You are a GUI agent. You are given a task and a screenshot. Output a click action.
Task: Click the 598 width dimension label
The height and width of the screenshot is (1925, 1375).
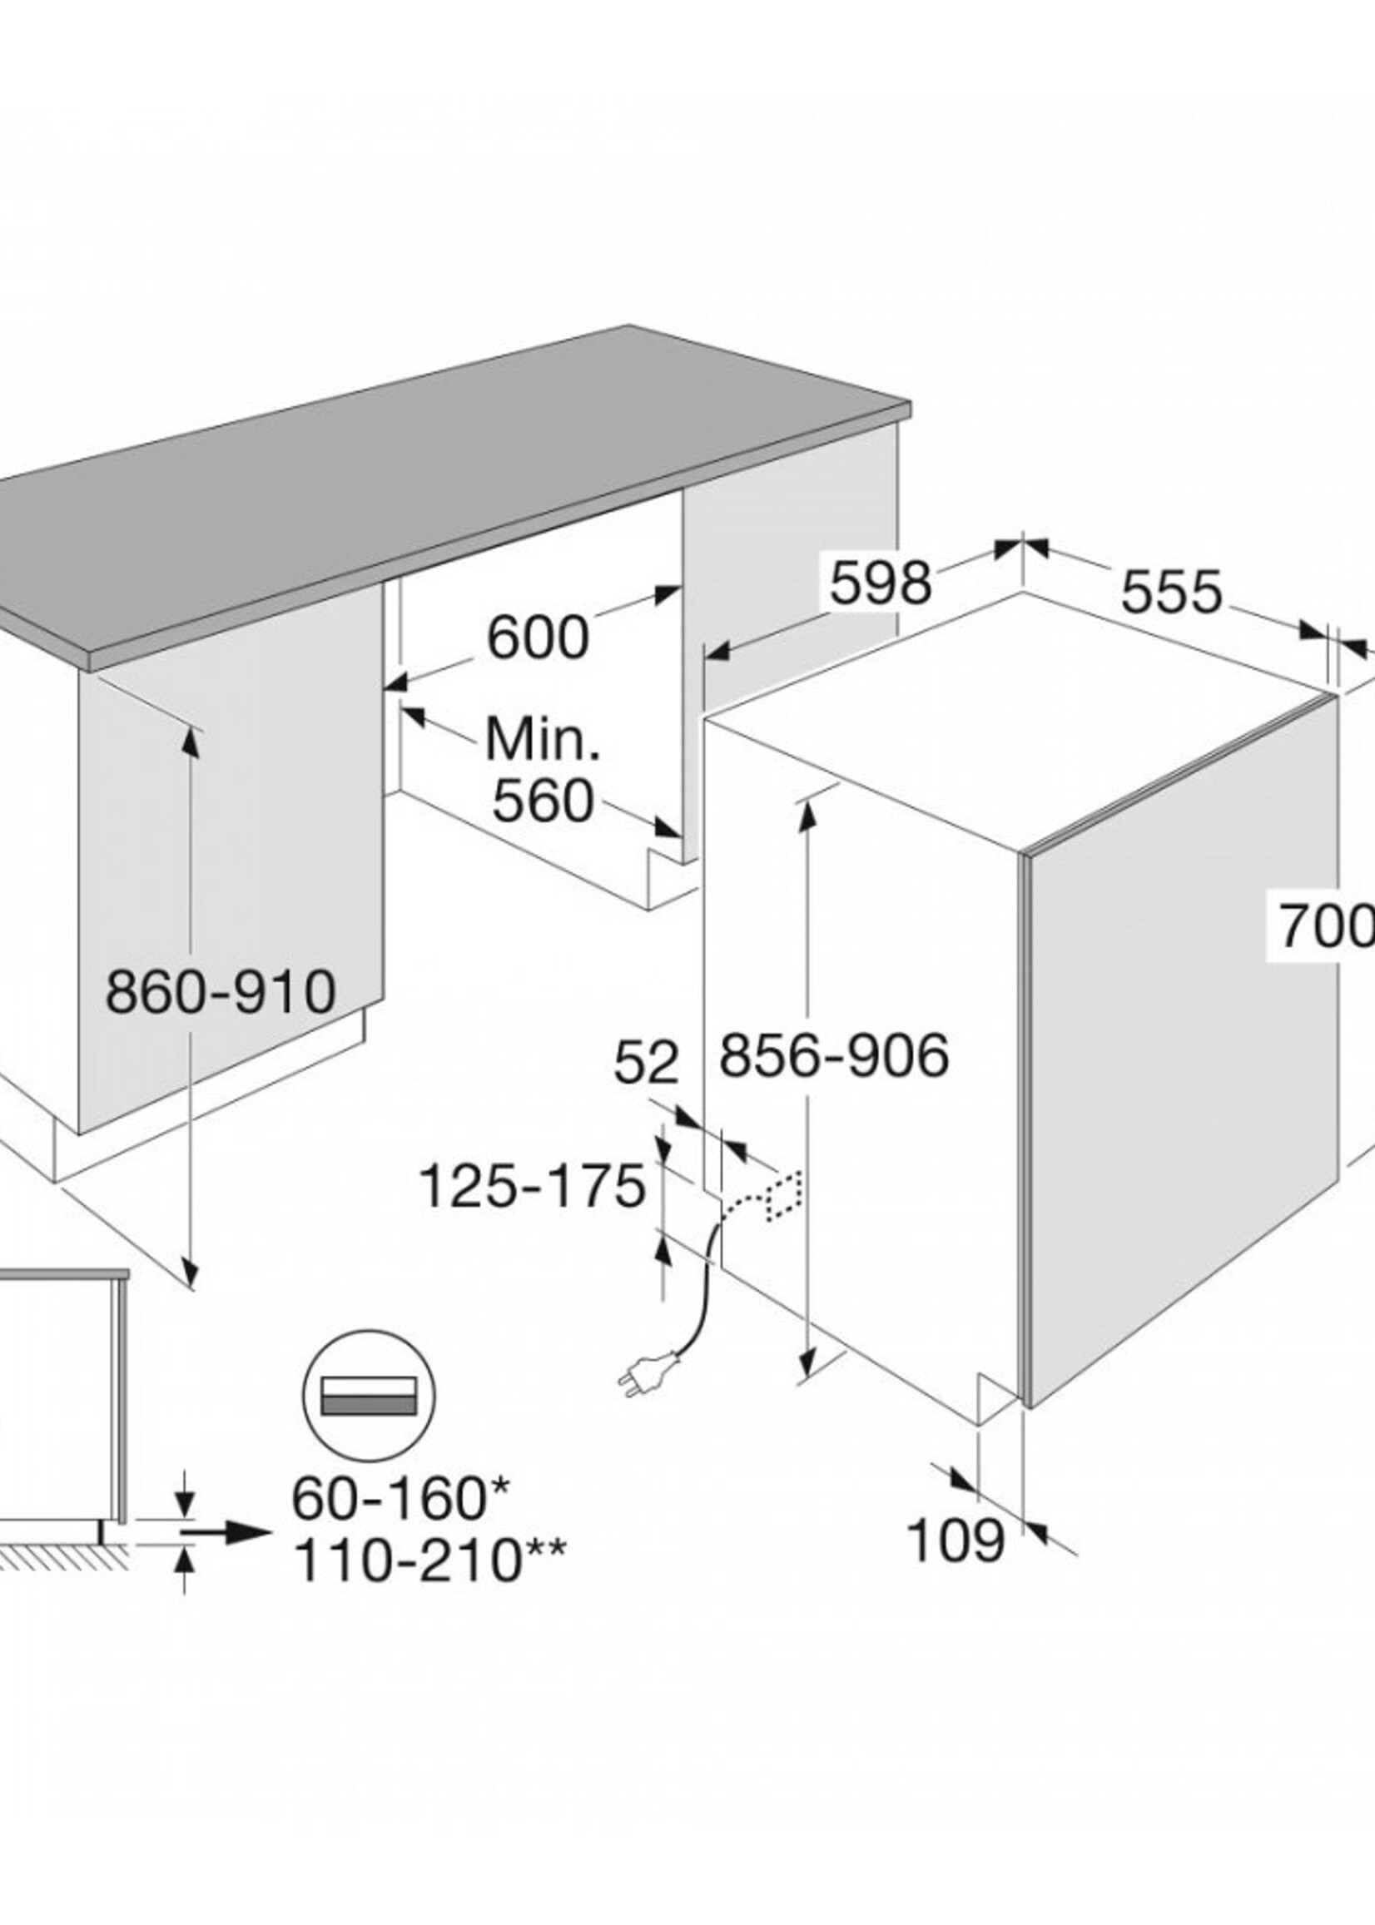point(881,583)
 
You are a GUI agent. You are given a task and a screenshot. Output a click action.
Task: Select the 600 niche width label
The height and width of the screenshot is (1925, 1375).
point(538,638)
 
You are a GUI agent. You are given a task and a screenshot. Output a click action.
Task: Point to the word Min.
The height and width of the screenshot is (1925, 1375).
point(543,740)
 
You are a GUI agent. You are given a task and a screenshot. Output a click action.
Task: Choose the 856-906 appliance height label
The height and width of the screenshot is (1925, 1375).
point(834,1055)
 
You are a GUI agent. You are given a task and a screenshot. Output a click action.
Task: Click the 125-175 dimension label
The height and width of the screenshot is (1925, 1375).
point(533,1186)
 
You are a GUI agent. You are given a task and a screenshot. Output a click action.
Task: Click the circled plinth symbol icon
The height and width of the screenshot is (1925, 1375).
point(368,1397)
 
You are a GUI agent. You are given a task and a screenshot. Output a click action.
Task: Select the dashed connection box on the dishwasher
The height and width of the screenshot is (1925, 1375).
point(783,1196)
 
